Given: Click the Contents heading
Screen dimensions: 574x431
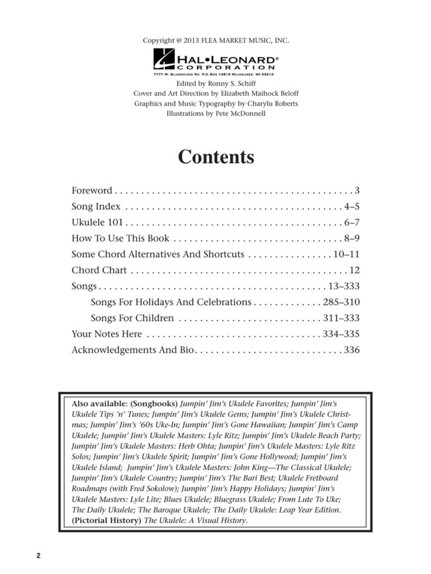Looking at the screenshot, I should (x=216, y=157).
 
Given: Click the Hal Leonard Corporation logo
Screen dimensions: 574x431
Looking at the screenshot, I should (x=215, y=62).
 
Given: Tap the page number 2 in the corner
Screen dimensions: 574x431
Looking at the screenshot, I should (x=38, y=555).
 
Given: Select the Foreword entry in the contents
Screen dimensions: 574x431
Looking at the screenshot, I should (x=92, y=190).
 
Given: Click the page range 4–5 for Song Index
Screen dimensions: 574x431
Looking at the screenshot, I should (x=352, y=206).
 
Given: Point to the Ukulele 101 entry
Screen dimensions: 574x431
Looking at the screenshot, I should (x=97, y=222).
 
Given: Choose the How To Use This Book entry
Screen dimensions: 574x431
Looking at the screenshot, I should (x=120, y=238).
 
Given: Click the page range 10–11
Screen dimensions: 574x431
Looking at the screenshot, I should (x=346, y=254).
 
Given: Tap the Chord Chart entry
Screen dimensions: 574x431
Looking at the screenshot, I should (x=99, y=270).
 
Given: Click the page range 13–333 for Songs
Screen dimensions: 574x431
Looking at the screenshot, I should (x=344, y=286).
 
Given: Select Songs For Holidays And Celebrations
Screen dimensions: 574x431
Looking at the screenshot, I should (x=171, y=302).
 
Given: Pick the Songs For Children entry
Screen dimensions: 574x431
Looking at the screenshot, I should (x=132, y=318).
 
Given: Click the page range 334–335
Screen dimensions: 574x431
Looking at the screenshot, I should (x=341, y=334).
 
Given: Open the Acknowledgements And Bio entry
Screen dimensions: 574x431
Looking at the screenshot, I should (x=133, y=350).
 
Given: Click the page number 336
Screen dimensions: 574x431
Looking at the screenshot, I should (x=352, y=350).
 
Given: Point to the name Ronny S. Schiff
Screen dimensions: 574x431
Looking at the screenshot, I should (x=232, y=83).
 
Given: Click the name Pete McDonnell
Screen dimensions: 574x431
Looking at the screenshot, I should (x=240, y=113).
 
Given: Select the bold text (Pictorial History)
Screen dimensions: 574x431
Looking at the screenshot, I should (x=106, y=520).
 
